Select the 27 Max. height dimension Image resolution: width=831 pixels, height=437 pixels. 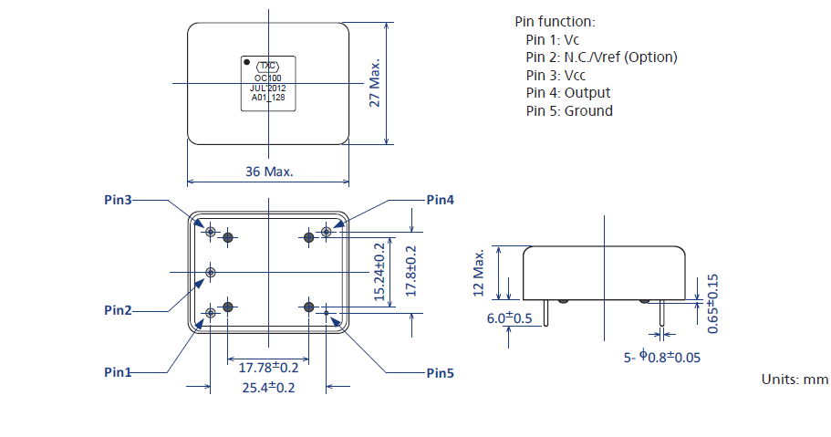(374, 84)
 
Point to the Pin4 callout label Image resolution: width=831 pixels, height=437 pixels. (440, 200)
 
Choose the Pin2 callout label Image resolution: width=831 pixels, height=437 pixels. (118, 310)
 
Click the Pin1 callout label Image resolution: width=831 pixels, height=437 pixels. (118, 372)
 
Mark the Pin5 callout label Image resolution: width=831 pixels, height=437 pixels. (440, 372)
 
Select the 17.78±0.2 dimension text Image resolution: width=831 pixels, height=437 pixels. (268, 368)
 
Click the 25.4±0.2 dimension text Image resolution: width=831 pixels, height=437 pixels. (268, 388)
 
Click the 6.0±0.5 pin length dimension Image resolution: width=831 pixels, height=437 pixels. (509, 318)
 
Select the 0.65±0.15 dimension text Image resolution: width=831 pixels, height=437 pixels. (713, 303)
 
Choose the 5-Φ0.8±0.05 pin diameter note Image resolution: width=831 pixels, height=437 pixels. (662, 358)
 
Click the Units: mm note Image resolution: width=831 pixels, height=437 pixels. (795, 379)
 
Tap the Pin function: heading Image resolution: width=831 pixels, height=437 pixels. (555, 21)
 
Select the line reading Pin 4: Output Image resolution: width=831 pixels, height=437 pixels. (568, 93)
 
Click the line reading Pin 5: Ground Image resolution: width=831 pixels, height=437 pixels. (569, 111)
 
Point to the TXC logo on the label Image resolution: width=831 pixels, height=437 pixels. (267, 67)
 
